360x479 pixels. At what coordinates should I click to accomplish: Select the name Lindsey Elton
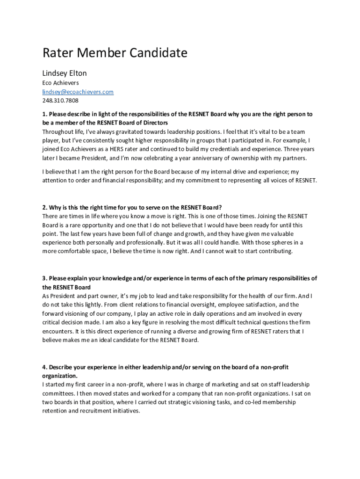(x=65, y=73)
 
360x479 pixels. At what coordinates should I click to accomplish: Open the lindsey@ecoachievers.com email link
(x=78, y=92)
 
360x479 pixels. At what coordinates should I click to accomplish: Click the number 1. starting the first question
(x=45, y=114)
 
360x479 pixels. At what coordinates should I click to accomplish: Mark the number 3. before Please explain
(x=45, y=278)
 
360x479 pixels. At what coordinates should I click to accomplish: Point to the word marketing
(x=216, y=385)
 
